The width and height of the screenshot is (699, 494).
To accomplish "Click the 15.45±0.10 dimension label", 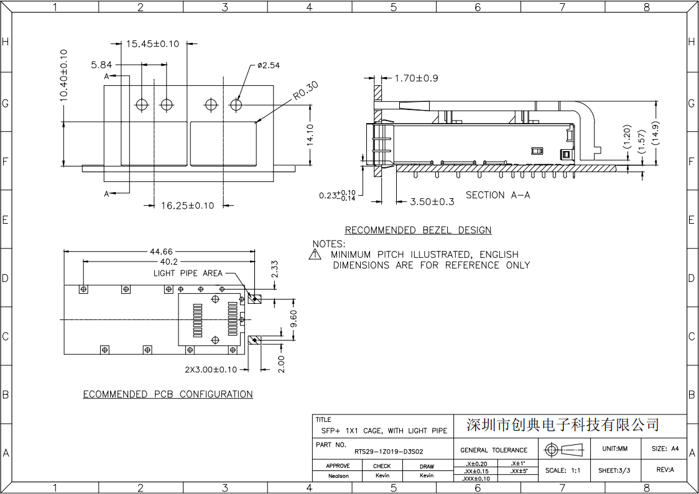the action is tap(152, 43).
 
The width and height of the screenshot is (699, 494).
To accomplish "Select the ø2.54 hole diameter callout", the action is tap(269, 65).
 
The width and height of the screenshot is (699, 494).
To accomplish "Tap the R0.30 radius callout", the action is tap(306, 91).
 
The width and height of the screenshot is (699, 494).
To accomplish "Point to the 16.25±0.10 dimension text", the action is tap(188, 206).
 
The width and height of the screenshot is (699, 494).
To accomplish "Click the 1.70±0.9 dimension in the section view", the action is tap(417, 78).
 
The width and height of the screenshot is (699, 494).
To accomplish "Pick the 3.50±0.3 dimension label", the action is tap(432, 202).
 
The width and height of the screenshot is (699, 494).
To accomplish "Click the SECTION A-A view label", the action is tap(498, 195).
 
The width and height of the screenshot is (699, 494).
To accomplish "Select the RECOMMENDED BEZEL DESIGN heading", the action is tap(418, 231).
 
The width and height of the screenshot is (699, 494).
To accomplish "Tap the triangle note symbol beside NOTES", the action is tap(315, 254).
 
